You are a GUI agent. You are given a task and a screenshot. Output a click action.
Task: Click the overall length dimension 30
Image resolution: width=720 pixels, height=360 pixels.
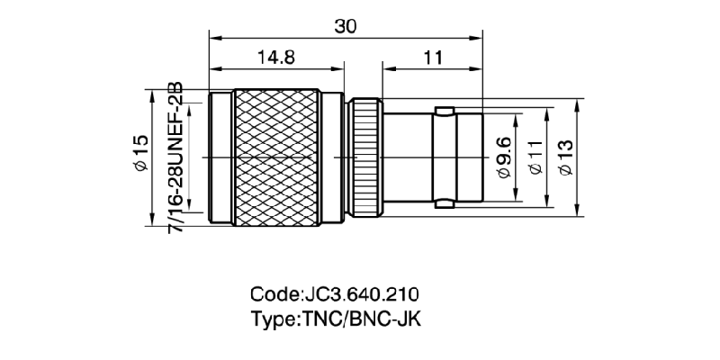(x=346, y=26)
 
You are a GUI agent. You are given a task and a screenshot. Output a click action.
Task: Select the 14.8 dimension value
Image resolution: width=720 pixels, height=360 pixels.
(x=276, y=58)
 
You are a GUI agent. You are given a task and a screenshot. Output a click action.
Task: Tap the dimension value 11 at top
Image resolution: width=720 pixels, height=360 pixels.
(x=433, y=58)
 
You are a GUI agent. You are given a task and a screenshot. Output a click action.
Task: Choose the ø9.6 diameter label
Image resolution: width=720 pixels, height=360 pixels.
(x=503, y=156)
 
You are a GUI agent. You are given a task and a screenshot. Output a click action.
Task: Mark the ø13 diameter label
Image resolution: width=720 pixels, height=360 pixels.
(x=565, y=156)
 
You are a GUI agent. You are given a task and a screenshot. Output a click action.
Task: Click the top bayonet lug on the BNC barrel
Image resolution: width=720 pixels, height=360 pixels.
(x=444, y=112)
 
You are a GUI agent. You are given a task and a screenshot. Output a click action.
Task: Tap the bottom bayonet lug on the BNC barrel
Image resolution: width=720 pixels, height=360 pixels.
(x=444, y=202)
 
